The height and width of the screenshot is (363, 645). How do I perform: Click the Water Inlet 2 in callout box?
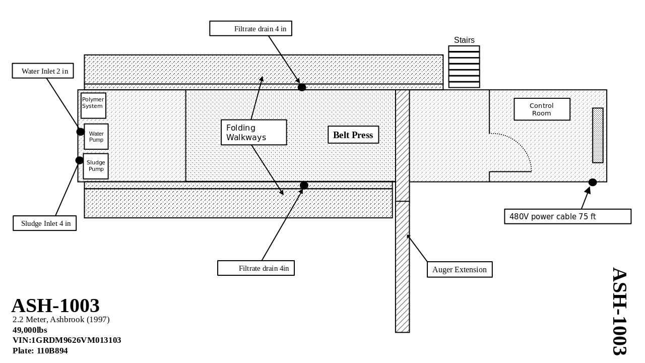pyautogui.click(x=43, y=71)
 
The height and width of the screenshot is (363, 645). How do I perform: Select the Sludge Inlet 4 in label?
pyautogui.click(x=45, y=223)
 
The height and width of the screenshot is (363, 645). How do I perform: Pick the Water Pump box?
pyautogui.click(x=96, y=137)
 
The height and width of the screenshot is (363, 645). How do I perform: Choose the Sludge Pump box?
pyautogui.click(x=96, y=166)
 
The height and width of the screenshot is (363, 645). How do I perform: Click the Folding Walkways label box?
pyautogui.click(x=253, y=133)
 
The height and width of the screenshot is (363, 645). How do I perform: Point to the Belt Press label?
pyautogui.click(x=353, y=135)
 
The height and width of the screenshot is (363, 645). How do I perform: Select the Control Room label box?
pyautogui.click(x=542, y=109)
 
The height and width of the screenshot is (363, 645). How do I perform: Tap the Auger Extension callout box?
pyautogui.click(x=460, y=270)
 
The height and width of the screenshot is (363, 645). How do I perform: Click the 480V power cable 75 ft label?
pyautogui.click(x=567, y=217)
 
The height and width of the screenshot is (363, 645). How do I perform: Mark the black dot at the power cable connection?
pyautogui.click(x=593, y=183)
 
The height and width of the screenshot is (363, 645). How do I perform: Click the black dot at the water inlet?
pyautogui.click(x=81, y=132)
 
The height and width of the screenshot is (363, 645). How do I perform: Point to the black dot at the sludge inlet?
pyautogui.click(x=80, y=160)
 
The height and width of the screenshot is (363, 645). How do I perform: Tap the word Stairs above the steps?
pyautogui.click(x=464, y=40)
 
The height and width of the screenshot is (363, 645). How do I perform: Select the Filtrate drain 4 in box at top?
pyautogui.click(x=250, y=29)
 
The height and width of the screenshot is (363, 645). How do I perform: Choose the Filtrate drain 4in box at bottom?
pyautogui.click(x=256, y=268)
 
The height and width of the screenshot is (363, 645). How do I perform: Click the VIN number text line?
pyautogui.click(x=67, y=340)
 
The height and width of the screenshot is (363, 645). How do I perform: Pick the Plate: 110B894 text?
pyautogui.click(x=40, y=351)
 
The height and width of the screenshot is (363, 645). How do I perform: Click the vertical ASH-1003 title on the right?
pyautogui.click(x=620, y=311)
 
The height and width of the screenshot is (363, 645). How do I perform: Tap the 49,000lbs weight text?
pyautogui.click(x=30, y=330)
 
